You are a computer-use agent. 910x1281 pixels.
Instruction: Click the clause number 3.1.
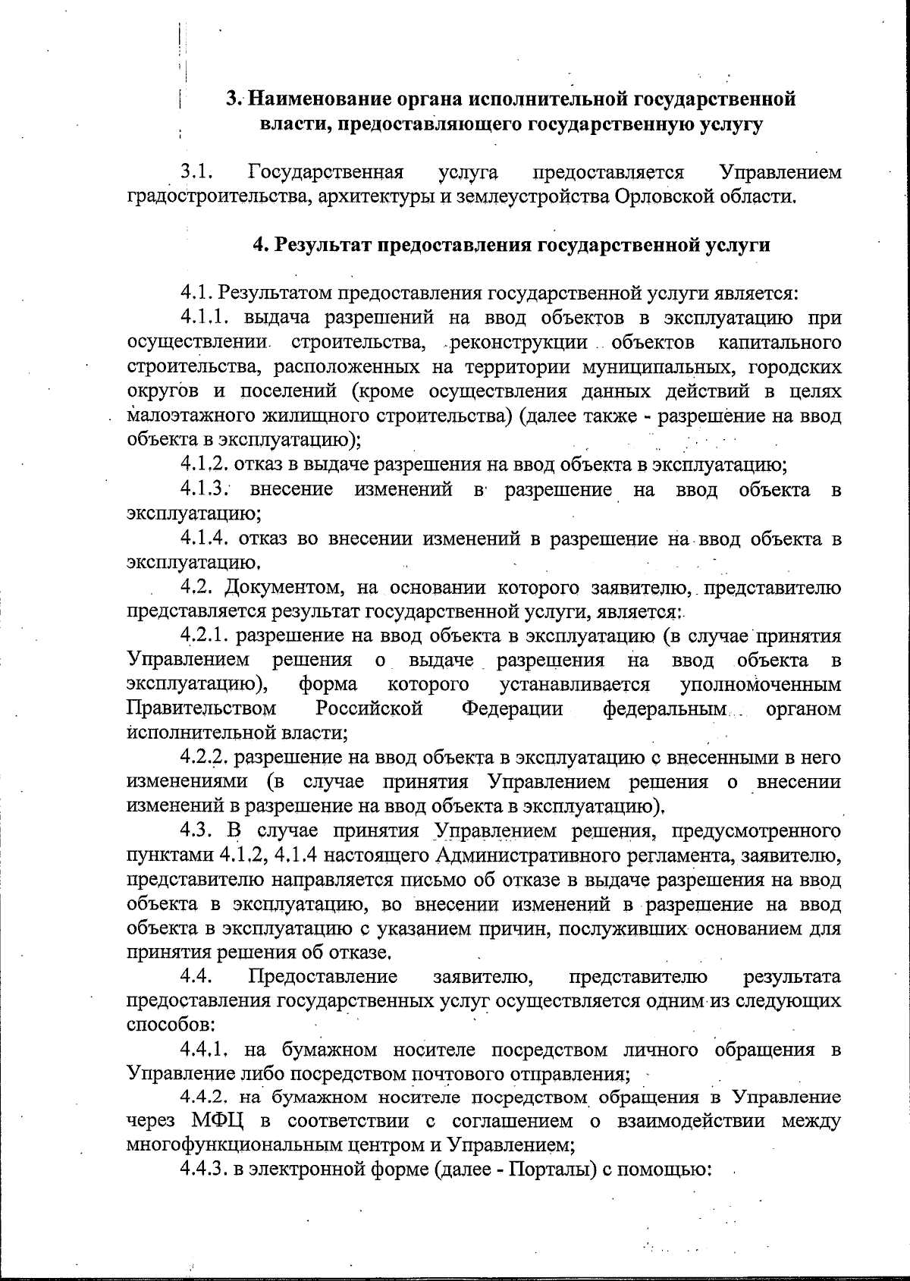coord(196,173)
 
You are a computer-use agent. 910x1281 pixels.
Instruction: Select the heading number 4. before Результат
coord(260,246)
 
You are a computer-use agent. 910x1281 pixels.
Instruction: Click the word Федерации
coord(512,709)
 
